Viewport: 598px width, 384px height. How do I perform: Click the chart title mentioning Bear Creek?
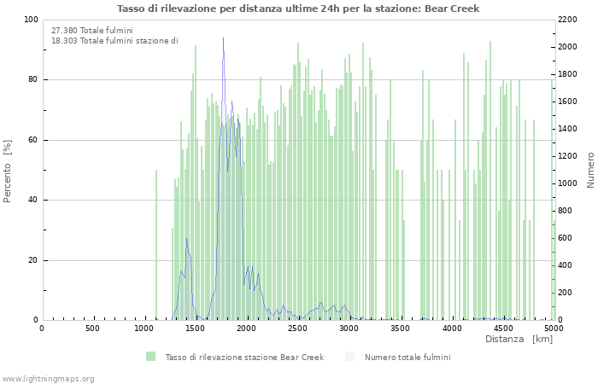[x=298, y=9]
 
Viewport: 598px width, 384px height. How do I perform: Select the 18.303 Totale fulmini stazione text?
[x=114, y=40]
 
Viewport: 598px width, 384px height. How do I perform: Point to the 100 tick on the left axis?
[x=31, y=20]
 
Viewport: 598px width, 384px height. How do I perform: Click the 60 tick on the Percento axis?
[x=33, y=140]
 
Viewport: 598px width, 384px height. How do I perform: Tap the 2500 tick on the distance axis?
[x=298, y=329]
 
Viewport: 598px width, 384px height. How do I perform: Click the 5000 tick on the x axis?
[x=554, y=329]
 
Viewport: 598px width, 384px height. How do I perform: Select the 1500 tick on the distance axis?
[x=196, y=329]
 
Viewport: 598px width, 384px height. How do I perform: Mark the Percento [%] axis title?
[x=8, y=171]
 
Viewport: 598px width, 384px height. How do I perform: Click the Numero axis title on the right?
[x=589, y=171]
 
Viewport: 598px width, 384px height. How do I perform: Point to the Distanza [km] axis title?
[x=519, y=339]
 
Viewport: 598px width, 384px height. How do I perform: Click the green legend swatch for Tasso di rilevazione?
[x=150, y=357]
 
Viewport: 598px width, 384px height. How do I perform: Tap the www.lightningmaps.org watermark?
[x=49, y=378]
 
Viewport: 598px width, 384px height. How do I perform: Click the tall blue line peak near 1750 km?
[x=224, y=39]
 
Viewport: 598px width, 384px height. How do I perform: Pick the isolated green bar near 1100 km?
[x=156, y=247]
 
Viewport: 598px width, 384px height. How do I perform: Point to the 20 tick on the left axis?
[x=33, y=260]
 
